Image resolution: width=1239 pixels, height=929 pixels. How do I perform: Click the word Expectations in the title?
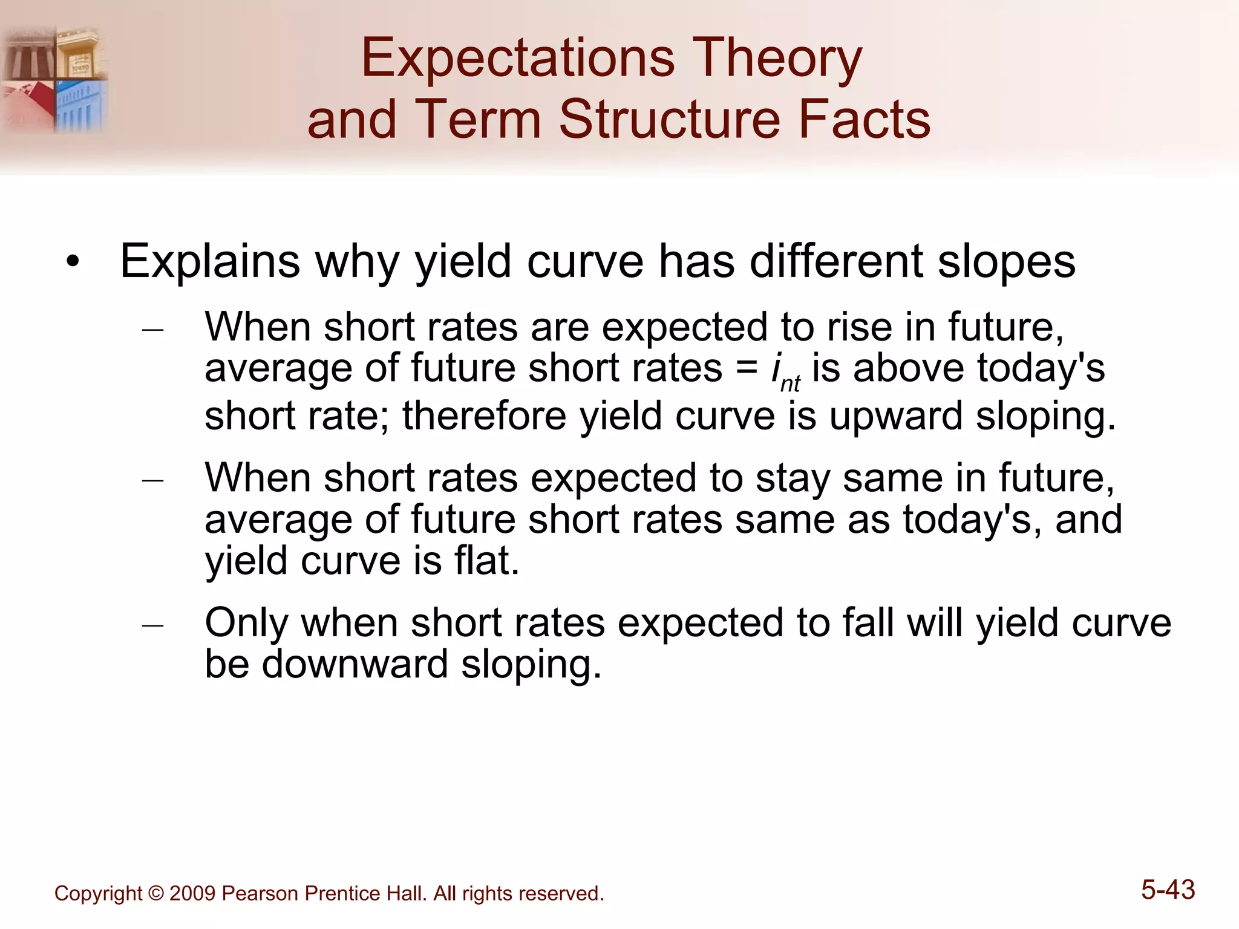click(x=517, y=59)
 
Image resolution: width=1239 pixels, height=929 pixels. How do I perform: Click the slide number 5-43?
click(x=1168, y=890)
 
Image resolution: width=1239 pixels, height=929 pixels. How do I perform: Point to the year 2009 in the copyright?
click(x=192, y=893)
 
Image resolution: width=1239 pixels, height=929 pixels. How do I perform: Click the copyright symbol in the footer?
click(x=155, y=893)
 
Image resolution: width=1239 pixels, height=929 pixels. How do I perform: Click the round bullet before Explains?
click(x=73, y=262)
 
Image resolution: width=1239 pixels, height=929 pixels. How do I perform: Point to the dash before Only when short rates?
click(x=152, y=625)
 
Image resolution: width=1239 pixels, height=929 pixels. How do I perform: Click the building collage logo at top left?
click(x=54, y=79)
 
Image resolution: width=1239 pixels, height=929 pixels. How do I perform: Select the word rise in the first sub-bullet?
click(x=859, y=327)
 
